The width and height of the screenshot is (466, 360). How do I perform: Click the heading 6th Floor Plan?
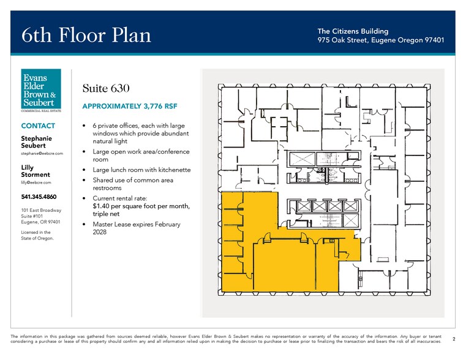tap(86, 35)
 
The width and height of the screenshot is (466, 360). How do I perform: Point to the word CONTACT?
tap(38, 126)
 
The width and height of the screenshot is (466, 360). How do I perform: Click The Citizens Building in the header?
tap(353, 31)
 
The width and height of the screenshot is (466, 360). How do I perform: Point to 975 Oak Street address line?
tap(380, 40)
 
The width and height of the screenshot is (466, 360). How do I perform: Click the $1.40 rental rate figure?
tap(103, 206)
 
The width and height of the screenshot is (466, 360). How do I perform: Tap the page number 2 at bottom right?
tap(453, 338)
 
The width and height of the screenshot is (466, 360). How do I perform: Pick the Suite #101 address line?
tap(36, 216)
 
